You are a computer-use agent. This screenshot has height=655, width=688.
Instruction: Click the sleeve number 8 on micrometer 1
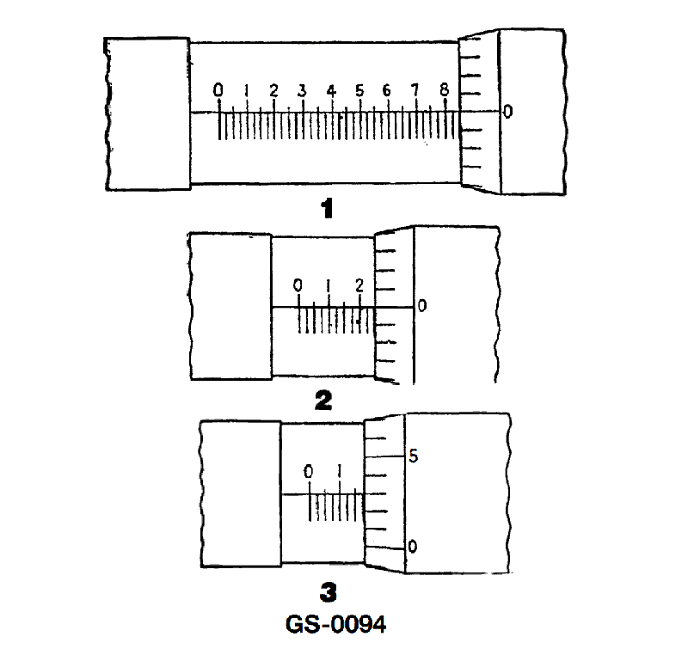pos(445,90)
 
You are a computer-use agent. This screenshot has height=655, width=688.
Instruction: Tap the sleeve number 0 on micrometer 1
pos(218,90)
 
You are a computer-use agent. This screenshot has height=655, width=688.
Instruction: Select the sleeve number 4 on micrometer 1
pos(331,91)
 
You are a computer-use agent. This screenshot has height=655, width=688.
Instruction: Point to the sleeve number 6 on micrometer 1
pos(386,90)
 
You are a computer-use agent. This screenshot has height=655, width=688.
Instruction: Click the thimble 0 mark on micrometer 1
pos(507,112)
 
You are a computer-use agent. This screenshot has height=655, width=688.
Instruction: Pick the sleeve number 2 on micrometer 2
pos(359,285)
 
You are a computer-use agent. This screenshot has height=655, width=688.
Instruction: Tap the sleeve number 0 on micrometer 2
pos(298,286)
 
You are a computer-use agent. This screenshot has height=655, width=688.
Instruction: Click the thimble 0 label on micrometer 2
pos(422,305)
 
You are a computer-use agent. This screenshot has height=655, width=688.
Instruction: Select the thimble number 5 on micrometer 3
pos(414,456)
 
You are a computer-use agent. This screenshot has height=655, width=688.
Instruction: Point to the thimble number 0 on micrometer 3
pos(413,547)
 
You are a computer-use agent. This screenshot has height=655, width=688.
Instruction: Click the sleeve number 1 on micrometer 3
pos(339,471)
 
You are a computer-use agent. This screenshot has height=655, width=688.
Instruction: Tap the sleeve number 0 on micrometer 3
pos(309,472)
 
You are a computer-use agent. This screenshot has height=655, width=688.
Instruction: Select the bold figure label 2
pos(324,401)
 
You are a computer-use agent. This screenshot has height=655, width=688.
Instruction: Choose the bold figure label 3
pos(329,593)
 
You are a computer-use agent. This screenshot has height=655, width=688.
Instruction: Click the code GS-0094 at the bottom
pos(335,624)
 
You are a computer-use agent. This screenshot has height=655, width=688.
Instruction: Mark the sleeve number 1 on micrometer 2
pos(329,286)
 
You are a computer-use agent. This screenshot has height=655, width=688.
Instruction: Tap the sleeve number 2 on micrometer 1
pos(273,91)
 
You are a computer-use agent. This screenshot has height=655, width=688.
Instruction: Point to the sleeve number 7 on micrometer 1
pos(415,90)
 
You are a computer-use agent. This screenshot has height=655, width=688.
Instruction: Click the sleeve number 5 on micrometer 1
pos(359,90)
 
